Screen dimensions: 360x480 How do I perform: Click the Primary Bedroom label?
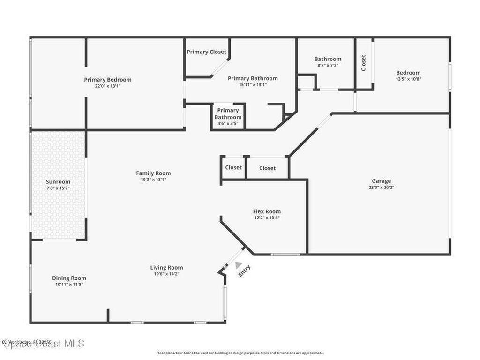pos(108,80)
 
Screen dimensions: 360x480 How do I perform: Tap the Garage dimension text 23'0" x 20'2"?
pos(381,187)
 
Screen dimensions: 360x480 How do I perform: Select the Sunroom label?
pos(58,182)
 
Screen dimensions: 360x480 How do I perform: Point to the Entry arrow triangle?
pos(239,265)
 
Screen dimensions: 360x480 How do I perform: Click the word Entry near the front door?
pos(244,271)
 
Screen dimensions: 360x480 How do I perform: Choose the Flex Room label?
pos(267,211)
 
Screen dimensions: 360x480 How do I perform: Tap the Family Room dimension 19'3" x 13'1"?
pos(153,180)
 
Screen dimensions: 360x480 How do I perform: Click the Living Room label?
pos(166,268)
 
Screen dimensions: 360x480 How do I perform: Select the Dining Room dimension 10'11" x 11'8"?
pos(69,284)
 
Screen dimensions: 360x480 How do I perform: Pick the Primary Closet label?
pos(206,52)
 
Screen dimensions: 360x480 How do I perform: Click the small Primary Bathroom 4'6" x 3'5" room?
pos(228,117)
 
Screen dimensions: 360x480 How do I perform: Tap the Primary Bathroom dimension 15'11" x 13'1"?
pos(253,85)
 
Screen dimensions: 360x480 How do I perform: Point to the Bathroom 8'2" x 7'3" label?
pos(328,59)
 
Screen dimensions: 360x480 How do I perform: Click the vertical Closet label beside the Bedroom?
pos(363,63)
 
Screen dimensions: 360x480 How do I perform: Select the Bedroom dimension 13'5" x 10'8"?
pos(408,79)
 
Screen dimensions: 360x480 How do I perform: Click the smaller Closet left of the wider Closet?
pos(233,167)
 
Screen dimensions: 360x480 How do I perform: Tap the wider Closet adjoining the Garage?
pos(267,168)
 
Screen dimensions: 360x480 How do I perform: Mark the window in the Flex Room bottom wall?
pos(285,255)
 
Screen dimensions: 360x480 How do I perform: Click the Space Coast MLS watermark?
pos(42,344)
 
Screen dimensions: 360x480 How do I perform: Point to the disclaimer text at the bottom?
pos(240,353)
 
